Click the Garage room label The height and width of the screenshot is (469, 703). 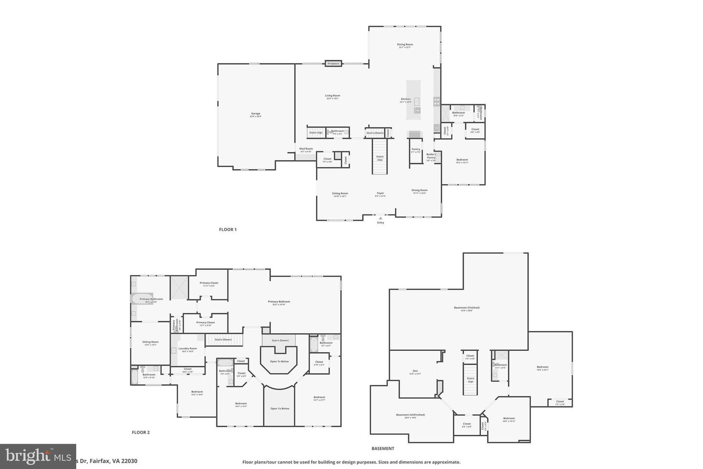(256, 114)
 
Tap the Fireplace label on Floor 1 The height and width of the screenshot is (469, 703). (333, 64)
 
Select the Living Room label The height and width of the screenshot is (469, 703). (332, 96)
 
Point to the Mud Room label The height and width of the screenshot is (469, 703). (306, 149)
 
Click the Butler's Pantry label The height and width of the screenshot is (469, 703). (431, 156)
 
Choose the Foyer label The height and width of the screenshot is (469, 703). (380, 193)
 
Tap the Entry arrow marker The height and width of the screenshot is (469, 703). (381, 218)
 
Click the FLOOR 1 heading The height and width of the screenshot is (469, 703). (227, 230)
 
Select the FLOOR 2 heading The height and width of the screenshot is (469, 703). (141, 432)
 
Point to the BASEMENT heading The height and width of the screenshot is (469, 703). (383, 448)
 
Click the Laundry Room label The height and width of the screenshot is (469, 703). (188, 349)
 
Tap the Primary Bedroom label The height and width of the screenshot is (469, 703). (279, 302)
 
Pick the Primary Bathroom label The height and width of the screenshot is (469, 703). (151, 299)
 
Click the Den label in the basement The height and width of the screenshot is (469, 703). (415, 371)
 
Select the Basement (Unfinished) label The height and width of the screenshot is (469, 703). (410, 415)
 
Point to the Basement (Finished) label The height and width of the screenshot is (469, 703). (467, 308)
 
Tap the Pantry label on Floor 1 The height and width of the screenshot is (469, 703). (416, 149)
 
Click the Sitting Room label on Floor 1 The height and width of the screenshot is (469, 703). (340, 193)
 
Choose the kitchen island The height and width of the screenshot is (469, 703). (414, 100)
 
